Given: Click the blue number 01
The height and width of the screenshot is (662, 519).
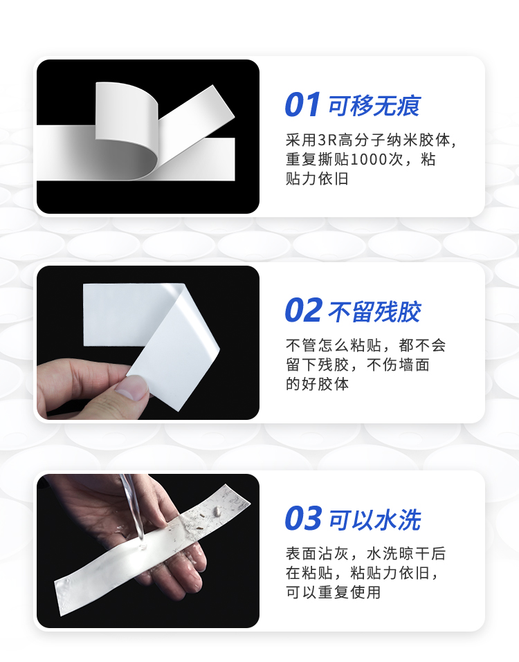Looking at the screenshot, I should click(x=302, y=105).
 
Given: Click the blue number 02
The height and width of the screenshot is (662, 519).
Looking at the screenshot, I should click(x=303, y=311).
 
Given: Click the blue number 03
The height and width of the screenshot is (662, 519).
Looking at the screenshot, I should click(x=303, y=519).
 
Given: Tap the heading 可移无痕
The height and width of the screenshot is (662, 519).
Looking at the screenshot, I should click(x=374, y=106).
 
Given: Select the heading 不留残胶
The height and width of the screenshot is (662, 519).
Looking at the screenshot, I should click(x=374, y=312).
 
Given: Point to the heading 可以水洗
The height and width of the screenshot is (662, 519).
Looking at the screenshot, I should click(x=374, y=520).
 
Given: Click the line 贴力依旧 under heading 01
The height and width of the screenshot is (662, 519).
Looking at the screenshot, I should click(x=317, y=178).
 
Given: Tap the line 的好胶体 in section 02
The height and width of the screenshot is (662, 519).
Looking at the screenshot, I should click(x=317, y=384).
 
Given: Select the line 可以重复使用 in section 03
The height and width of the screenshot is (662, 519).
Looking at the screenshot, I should click(x=333, y=592).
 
